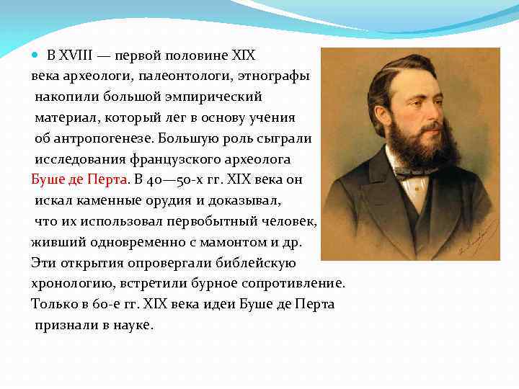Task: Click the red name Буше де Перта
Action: [79, 179]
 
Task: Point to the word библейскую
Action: [253, 262]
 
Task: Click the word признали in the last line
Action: [67, 325]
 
